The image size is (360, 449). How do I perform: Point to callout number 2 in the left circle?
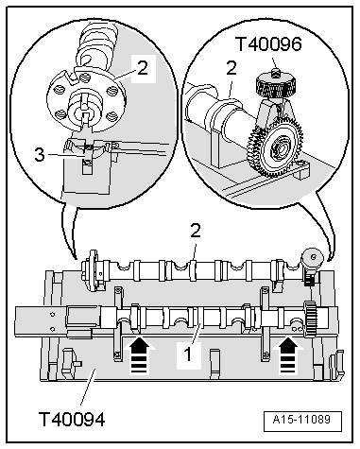coord(142,67)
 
